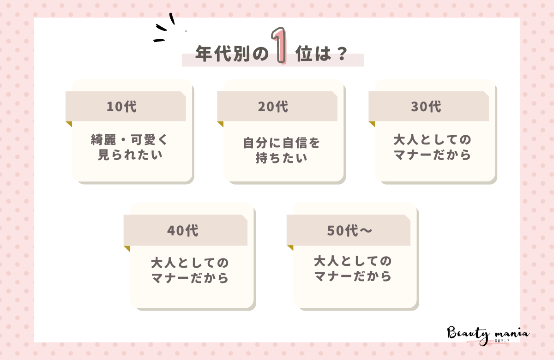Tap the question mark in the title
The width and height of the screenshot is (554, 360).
pos(342,54)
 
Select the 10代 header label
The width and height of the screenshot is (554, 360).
pos(121,107)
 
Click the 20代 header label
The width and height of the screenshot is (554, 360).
pos(273,107)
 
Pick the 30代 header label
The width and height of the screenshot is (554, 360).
pos(426,107)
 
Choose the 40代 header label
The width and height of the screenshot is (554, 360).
pos(183,230)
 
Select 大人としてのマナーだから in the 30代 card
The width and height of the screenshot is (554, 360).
pos(433,147)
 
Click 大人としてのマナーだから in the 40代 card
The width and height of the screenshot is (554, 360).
pos(190,271)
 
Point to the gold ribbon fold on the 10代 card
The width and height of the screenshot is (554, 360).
pos(69,124)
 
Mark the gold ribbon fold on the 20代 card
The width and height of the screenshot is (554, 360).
pos(220,124)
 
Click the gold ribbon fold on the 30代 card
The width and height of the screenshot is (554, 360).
pos(372,124)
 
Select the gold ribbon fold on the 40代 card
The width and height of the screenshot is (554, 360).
pos(126,248)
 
